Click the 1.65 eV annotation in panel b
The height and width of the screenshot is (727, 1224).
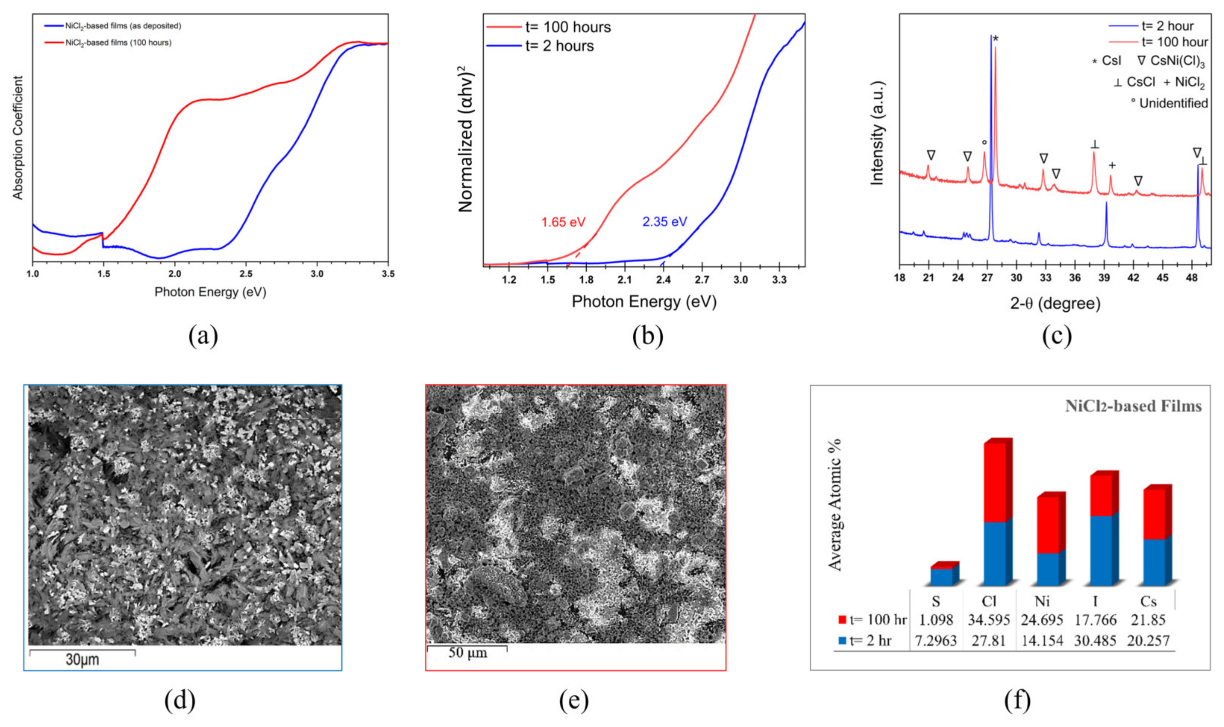point(563,222)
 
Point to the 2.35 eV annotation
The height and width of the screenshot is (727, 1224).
point(664,222)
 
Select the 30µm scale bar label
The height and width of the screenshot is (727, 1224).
point(82,660)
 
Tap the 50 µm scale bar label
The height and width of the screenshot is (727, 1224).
point(467,653)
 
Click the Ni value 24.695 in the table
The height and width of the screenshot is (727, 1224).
point(1042,620)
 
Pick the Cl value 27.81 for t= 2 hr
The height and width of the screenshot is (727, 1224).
point(988,641)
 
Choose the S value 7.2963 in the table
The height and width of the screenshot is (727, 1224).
point(935,641)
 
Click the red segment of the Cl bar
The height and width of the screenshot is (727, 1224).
point(994,483)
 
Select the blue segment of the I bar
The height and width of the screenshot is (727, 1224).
point(1101,551)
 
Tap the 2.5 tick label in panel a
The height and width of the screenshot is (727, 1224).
point(247,274)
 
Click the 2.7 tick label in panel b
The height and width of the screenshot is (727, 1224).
point(702,280)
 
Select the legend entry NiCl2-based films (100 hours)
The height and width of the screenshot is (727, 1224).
point(118,43)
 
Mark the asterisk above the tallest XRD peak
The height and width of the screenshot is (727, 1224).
point(996,39)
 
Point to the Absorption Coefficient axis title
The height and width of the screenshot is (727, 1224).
point(18,138)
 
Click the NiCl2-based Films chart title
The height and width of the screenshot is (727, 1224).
point(1133,406)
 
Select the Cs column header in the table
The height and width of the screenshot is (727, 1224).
point(1148,601)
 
